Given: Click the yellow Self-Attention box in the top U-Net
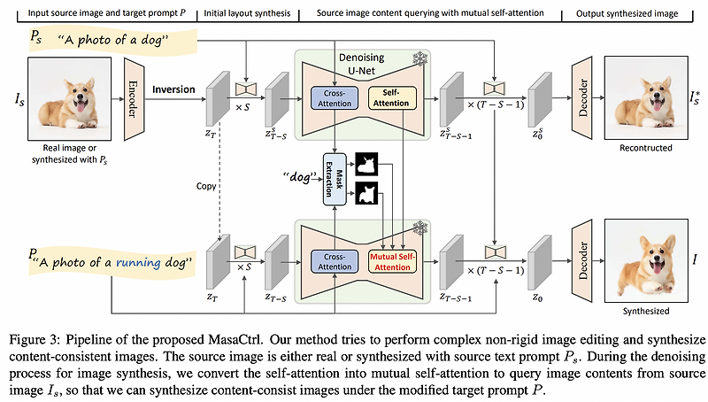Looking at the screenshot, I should coord(390,97).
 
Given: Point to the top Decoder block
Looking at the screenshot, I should coord(582,90).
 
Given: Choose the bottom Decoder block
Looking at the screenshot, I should coord(582,257).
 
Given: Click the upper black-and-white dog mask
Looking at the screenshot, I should coord(366,162).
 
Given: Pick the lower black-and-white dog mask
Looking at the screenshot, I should coord(366,192).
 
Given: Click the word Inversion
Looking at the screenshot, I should coord(173,90).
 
